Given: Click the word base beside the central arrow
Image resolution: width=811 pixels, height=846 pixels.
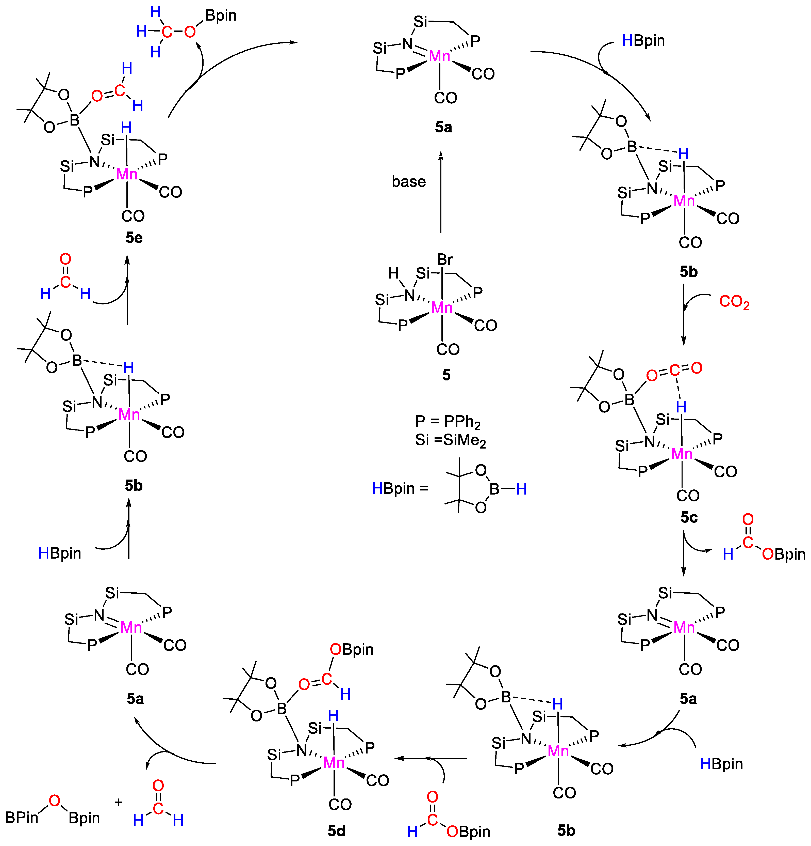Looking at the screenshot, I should (x=408, y=182).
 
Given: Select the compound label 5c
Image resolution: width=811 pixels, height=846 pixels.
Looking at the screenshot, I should (x=689, y=517).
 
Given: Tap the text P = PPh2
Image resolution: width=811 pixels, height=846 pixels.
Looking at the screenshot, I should (x=448, y=422).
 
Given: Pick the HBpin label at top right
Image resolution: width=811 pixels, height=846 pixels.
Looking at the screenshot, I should (x=643, y=41).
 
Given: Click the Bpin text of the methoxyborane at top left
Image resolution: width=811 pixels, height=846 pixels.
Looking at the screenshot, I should (x=221, y=16).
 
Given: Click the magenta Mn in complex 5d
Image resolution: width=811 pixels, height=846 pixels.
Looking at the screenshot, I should (x=334, y=763).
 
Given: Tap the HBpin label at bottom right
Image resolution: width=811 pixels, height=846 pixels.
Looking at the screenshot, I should (x=721, y=764).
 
